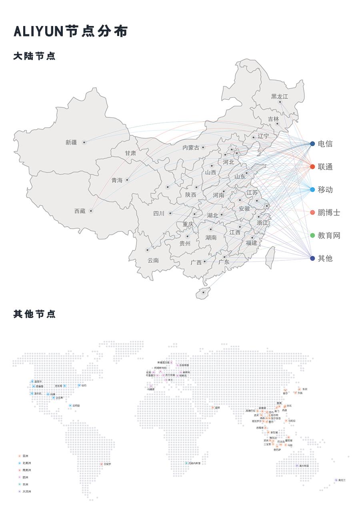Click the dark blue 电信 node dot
(312, 144)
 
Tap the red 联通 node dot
(312, 166)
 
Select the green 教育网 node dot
(312, 235)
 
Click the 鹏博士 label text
(329, 212)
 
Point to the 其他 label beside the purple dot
(325, 258)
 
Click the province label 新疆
(71, 142)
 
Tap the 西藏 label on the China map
(80, 211)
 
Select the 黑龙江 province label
(279, 96)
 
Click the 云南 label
(153, 260)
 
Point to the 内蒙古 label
(191, 148)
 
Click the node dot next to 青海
(127, 180)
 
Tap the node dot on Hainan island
(203, 292)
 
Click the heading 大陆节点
(34, 56)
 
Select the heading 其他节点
(34, 314)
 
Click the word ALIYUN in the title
(38, 31)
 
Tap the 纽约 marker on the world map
(79, 385)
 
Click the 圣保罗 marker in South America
(102, 464)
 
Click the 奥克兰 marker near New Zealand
(336, 480)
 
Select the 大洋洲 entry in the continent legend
(26, 491)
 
